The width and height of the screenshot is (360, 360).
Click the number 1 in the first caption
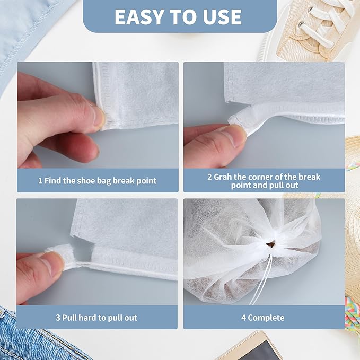pos(40,181)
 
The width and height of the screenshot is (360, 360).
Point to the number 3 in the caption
pos(58,318)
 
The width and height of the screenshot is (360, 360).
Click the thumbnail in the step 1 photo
pos(97,116)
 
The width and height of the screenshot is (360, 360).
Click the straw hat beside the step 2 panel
pos(352,159)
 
